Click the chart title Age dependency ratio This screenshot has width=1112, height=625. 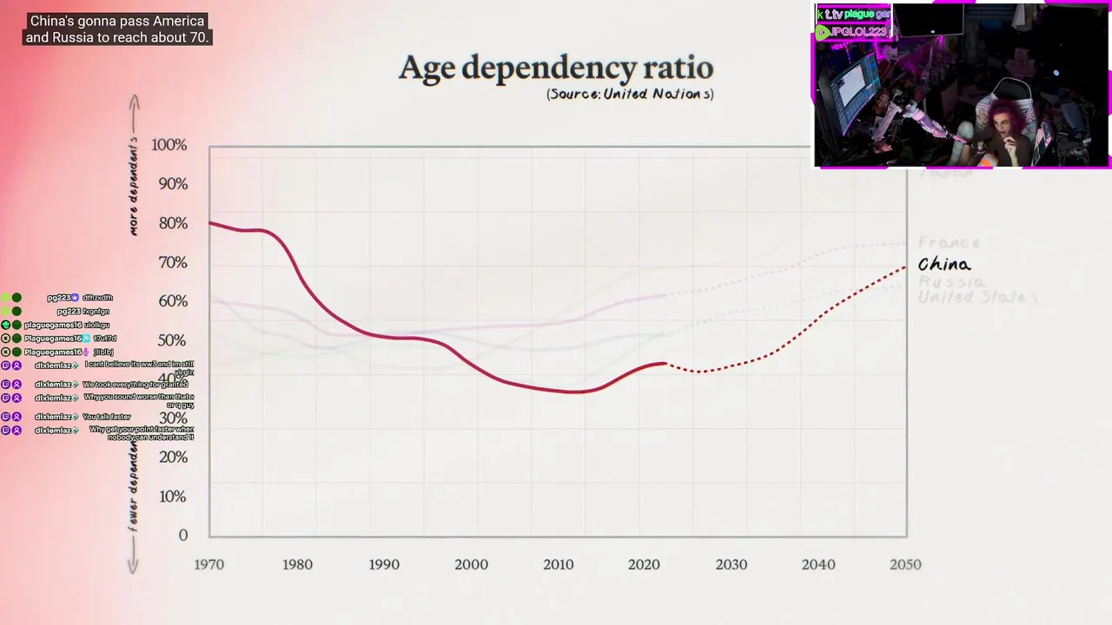[556, 68]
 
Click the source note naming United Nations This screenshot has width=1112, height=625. [630, 94]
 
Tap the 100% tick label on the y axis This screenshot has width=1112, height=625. [169, 145]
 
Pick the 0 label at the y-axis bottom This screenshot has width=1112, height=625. [182, 536]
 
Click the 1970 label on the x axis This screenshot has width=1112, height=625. [209, 564]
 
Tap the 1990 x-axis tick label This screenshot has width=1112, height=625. [384, 564]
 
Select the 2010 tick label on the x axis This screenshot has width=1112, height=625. [559, 564]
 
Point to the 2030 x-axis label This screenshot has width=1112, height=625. [731, 564]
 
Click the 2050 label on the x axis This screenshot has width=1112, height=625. [905, 564]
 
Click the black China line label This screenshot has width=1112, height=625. [944, 265]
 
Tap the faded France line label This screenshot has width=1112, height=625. [949, 243]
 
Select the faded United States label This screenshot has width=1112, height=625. [978, 297]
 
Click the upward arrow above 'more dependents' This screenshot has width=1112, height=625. [134, 104]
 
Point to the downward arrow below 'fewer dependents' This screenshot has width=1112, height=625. [133, 564]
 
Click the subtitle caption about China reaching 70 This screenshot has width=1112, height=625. [116, 30]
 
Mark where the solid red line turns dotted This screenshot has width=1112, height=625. [665, 364]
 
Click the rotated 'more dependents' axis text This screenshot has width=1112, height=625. [134, 186]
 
